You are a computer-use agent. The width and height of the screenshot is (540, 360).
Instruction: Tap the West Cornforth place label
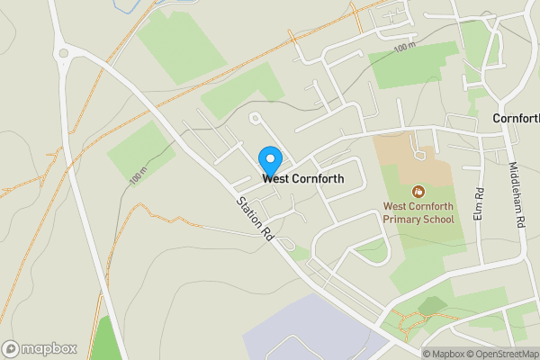303,179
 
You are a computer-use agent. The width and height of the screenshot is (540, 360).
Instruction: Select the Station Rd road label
256,219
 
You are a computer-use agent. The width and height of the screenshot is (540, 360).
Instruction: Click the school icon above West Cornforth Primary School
418,191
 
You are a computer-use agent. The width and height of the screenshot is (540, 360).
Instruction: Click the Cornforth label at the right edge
517,119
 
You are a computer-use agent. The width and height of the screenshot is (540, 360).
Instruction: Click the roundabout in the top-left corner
64,53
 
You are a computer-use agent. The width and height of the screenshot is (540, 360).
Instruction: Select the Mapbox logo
40,348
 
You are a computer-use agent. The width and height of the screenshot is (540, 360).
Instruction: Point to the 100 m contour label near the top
405,49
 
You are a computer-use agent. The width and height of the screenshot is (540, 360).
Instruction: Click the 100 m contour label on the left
138,176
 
